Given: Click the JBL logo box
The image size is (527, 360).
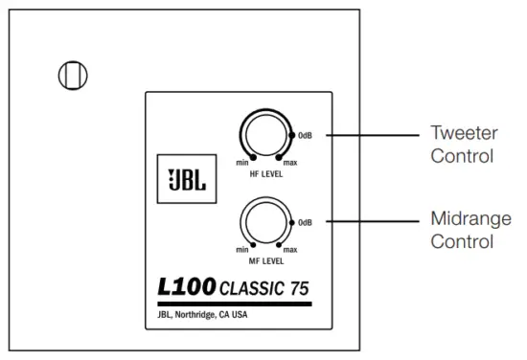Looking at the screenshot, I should pos(179,179).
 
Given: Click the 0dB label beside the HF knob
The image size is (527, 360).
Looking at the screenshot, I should pos(306,135).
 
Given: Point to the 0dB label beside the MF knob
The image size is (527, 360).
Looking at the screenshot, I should pos(306,222).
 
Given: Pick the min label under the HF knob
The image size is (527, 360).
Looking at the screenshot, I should pos(241,164).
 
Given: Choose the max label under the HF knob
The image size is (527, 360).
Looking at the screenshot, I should pos(289,164).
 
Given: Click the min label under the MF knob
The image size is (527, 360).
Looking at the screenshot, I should pos(241,250).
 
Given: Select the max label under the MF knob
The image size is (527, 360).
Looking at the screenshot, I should pos(289,250).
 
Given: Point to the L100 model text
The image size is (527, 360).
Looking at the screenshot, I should pos(188,285).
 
